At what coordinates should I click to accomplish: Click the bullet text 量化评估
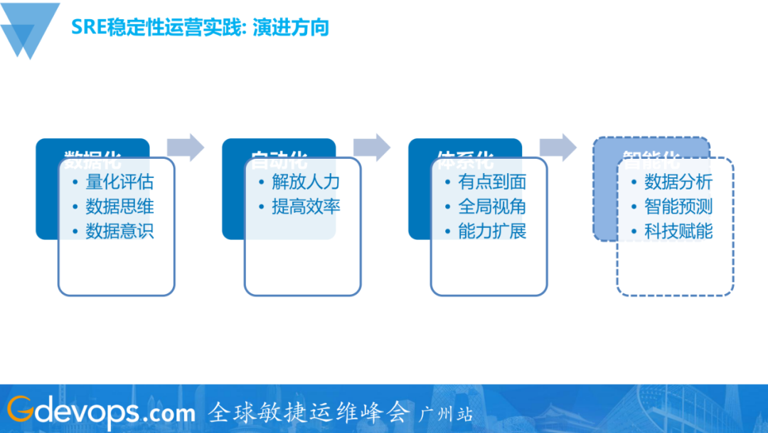coord(119,182)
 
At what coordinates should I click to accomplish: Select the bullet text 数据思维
coord(119,207)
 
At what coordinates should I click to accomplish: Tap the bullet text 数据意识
coord(119,231)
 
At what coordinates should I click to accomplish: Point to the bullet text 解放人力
coord(306,182)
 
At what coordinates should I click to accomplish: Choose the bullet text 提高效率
coord(306,207)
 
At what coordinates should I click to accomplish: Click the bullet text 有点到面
coord(492,182)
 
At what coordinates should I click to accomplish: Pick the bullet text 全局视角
coord(492,207)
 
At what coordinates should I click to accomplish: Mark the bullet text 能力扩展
coord(492,231)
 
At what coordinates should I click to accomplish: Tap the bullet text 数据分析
coord(678,182)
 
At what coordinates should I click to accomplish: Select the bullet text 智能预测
coord(678,207)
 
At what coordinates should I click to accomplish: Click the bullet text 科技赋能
coord(678,231)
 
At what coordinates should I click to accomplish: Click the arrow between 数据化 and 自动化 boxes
coord(186,147)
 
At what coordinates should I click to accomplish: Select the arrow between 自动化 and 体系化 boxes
coord(373,147)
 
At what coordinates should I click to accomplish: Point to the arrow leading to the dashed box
coord(558,147)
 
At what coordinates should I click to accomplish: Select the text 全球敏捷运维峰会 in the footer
coord(309,412)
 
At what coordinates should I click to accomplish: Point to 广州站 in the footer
coord(446,414)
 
